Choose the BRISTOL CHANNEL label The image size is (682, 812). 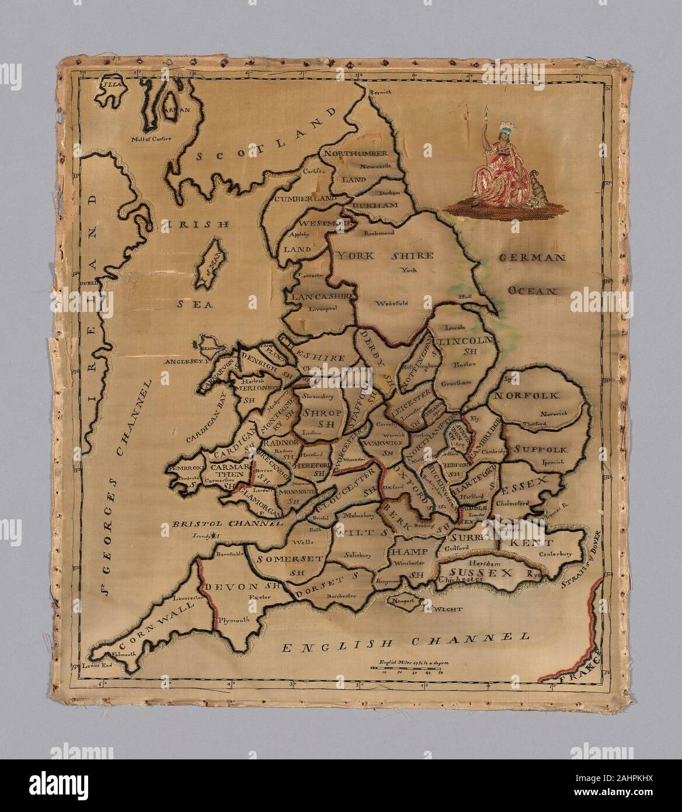tap(217, 524)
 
